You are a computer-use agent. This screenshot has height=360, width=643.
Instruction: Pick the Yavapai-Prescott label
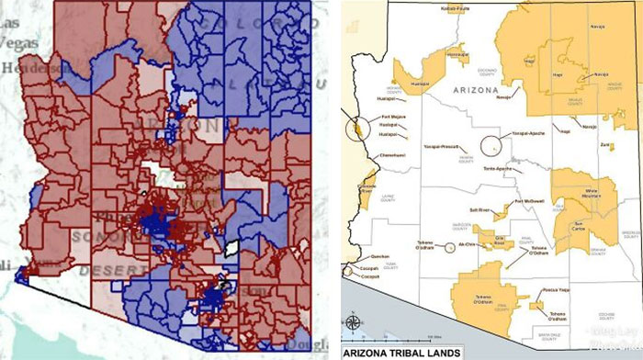pyautogui.click(x=441, y=146)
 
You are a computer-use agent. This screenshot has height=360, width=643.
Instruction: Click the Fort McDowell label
pyautogui.click(x=530, y=200)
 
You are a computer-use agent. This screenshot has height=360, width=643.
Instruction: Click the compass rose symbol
pyautogui.click(x=354, y=324)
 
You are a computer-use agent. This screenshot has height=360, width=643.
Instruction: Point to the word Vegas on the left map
pyautogui.click(x=12, y=43)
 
